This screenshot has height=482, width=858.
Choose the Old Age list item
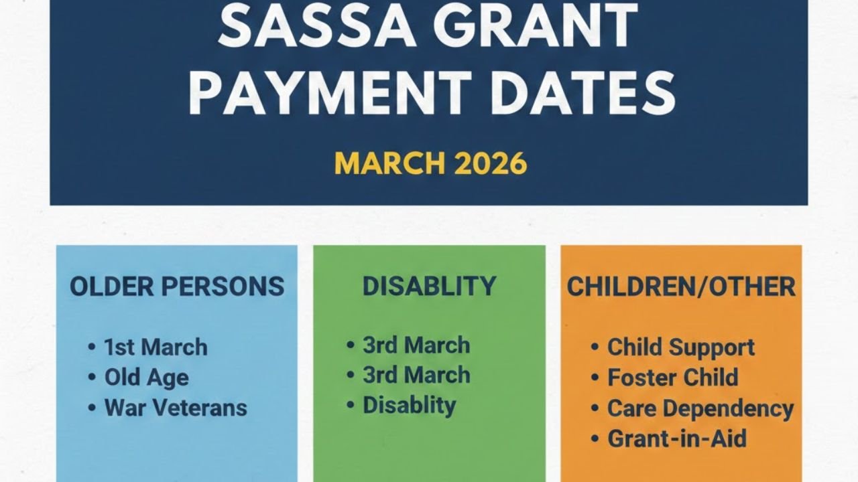click(x=146, y=378)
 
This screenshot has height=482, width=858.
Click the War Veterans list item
click(x=176, y=408)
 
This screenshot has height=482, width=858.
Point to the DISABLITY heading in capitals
click(x=429, y=287)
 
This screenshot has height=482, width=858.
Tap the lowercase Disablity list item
click(x=409, y=405)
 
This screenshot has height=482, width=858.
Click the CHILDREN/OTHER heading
click(x=681, y=287)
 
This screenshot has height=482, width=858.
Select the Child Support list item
click(x=681, y=347)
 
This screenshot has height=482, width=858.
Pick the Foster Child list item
click(x=672, y=378)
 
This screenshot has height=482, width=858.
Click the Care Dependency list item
click(x=700, y=408)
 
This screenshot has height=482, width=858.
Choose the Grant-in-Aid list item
click(x=677, y=438)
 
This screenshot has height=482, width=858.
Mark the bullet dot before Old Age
click(x=92, y=378)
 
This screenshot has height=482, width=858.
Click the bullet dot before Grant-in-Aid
click(x=595, y=439)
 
